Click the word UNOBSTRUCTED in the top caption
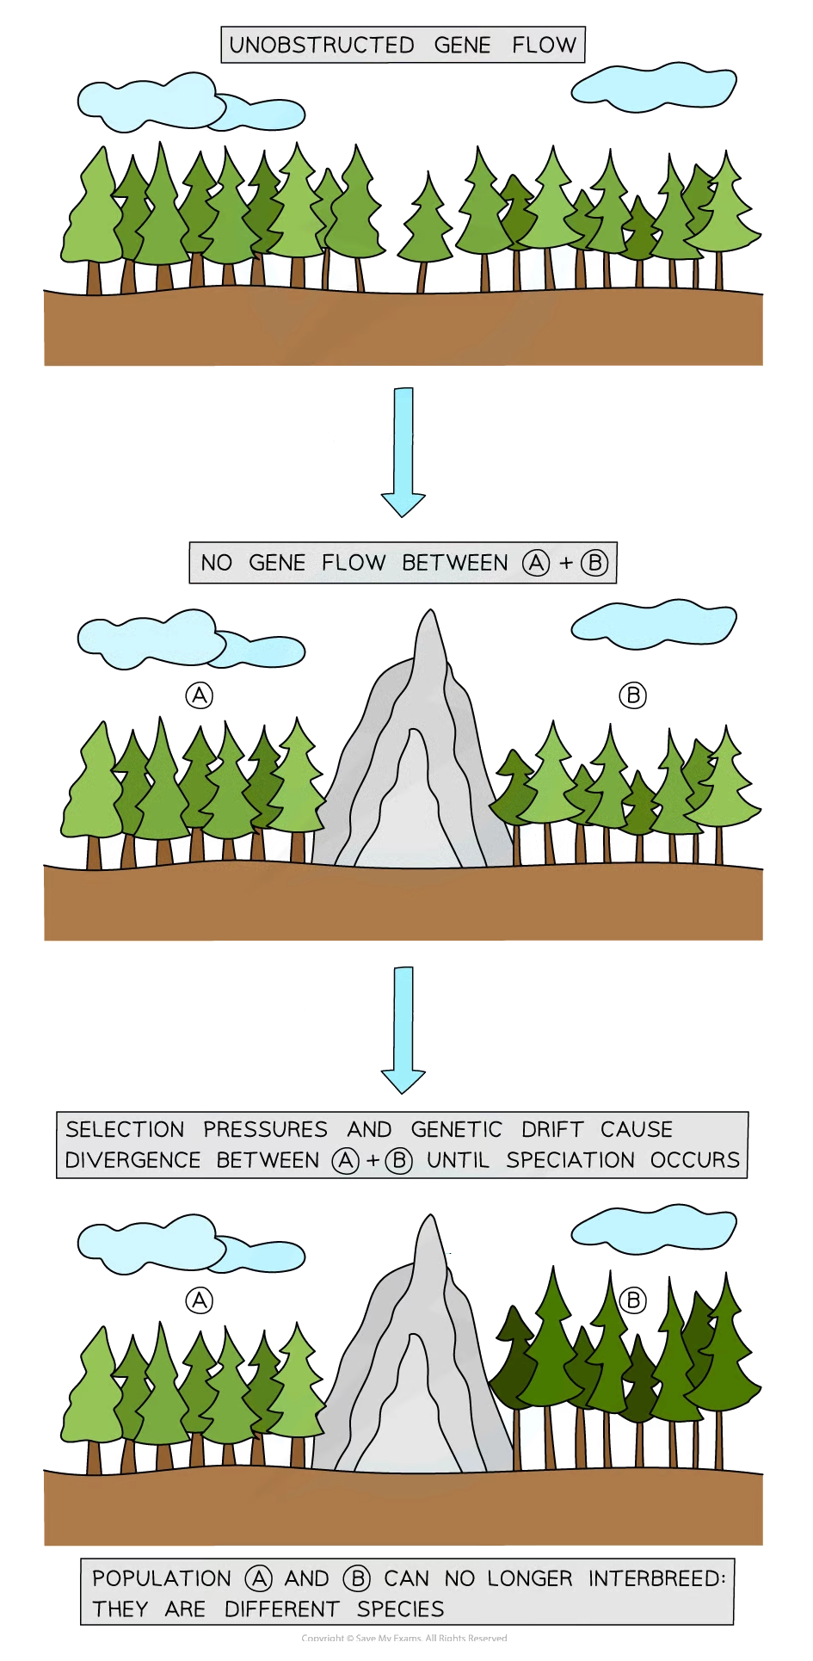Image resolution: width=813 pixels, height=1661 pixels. (322, 46)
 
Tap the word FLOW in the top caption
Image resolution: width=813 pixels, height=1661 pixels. (544, 46)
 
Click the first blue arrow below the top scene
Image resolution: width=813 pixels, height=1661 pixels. (403, 452)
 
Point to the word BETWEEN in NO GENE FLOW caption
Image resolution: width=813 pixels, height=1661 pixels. (455, 563)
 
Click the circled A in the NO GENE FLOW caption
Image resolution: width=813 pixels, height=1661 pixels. (536, 564)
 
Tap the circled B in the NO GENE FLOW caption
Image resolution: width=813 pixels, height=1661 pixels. (594, 564)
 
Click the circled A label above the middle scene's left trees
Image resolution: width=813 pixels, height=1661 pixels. (200, 695)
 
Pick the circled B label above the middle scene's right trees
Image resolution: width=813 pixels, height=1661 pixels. (633, 695)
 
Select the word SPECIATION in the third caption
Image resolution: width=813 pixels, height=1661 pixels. (570, 1160)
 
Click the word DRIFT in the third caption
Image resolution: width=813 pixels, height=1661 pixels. (552, 1129)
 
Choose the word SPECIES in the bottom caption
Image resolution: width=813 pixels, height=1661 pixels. (401, 1609)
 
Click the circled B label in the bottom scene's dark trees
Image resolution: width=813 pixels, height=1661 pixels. (633, 1300)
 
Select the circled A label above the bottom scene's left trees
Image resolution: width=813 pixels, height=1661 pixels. (200, 1300)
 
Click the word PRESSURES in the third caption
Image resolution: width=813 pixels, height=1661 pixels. (265, 1129)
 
